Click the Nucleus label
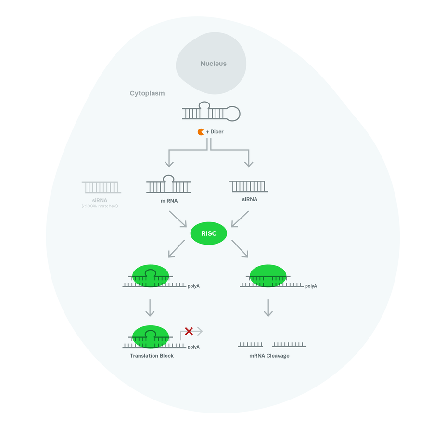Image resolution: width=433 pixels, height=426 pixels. (x=213, y=64)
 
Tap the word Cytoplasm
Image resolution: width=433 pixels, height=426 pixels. (x=147, y=93)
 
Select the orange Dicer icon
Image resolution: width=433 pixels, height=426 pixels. (x=201, y=132)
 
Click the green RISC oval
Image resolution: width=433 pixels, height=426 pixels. (x=209, y=233)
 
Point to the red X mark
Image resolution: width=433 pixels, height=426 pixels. (x=189, y=331)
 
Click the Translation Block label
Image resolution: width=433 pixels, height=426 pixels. (x=152, y=356)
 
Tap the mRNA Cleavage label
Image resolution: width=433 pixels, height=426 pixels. (x=269, y=356)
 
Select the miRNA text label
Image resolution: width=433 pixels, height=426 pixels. (x=168, y=201)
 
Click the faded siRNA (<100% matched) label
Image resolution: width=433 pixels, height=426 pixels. (x=100, y=203)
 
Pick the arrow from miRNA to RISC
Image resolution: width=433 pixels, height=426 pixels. (x=178, y=219)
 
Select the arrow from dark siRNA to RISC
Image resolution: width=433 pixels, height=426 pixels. (x=240, y=219)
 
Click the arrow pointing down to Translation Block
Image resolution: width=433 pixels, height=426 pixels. (x=150, y=308)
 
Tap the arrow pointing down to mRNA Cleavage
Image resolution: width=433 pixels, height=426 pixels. (x=268, y=308)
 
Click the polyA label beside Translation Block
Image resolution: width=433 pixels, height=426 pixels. (x=193, y=347)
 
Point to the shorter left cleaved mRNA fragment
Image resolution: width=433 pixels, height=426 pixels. (x=250, y=345)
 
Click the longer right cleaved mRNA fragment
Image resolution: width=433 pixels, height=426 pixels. (x=289, y=345)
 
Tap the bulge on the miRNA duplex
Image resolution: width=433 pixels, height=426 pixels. (x=168, y=179)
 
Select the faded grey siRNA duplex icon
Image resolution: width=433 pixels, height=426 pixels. (x=101, y=187)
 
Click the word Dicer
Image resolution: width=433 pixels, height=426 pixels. (x=217, y=132)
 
